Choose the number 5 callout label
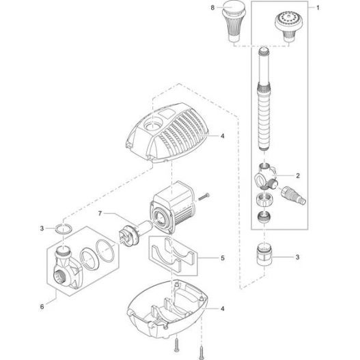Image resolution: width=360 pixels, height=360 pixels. click(221, 259)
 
